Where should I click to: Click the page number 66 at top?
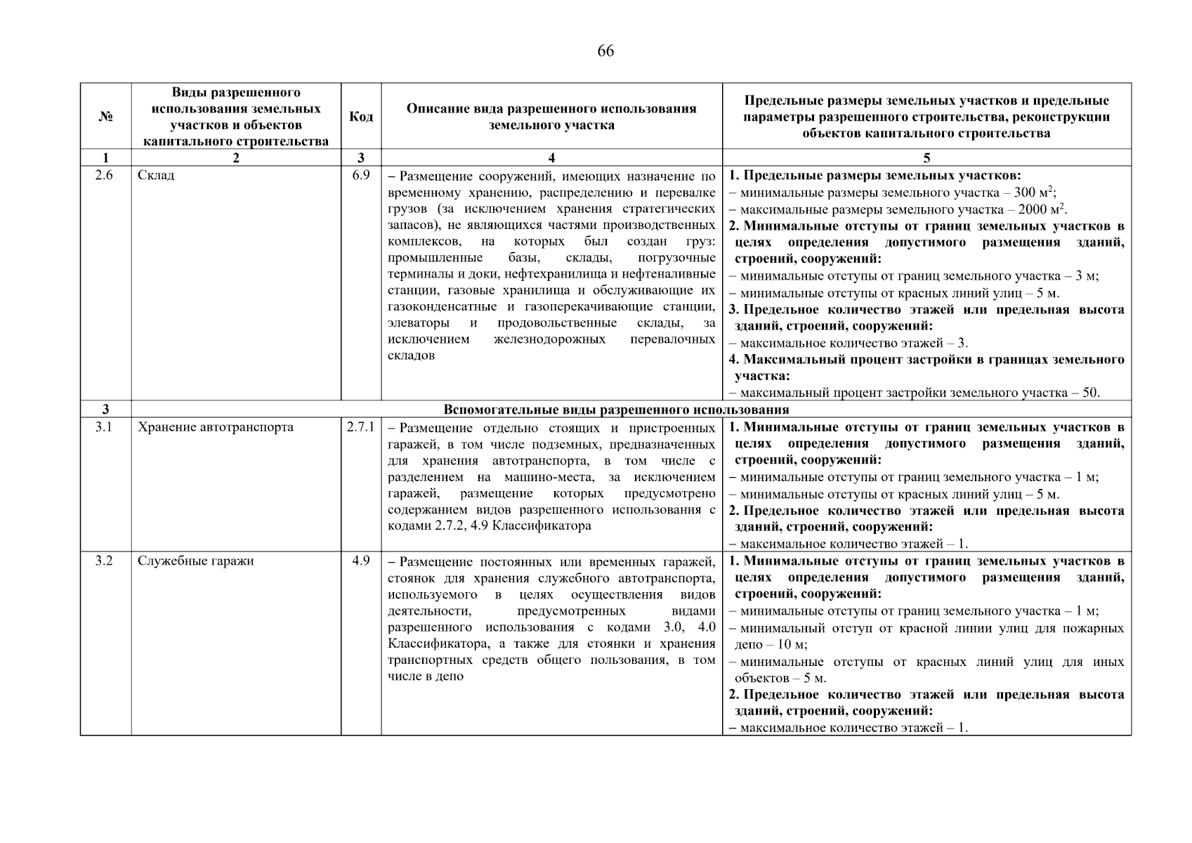tap(605, 51)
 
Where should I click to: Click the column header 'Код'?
tap(361, 116)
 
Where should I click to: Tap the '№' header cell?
tap(105, 117)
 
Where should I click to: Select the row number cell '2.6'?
tap(104, 175)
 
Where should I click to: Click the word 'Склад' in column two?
tap(156, 175)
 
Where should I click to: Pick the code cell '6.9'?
tap(361, 175)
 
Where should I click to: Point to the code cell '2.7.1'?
tap(360, 427)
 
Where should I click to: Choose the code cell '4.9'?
tap(361, 561)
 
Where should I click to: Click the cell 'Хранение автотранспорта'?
tap(215, 427)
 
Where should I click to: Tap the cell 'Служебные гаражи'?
tap(195, 561)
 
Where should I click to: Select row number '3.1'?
tap(104, 427)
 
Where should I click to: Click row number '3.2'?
tap(104, 561)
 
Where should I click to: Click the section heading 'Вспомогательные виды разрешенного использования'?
tap(616, 410)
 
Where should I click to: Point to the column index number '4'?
tap(551, 158)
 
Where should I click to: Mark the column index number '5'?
tap(926, 158)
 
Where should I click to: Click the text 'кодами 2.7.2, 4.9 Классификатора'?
tap(489, 525)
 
